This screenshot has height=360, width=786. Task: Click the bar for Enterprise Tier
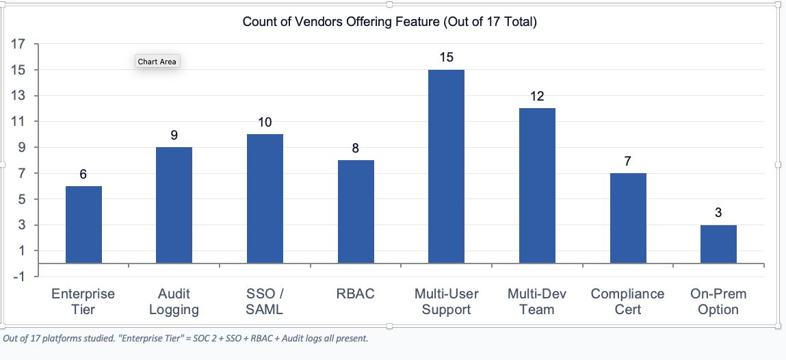[x=83, y=224]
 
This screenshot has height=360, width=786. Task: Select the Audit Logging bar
[x=174, y=205]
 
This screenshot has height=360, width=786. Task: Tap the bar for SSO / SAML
[x=265, y=198]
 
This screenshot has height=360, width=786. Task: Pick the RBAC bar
[x=356, y=211]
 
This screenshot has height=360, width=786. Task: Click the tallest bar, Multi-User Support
[x=446, y=166]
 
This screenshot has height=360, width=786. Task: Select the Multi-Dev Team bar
[x=537, y=185]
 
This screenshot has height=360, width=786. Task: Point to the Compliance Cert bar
[x=628, y=218]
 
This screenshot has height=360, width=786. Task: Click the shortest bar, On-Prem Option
[x=718, y=244]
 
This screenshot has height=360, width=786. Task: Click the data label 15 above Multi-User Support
[x=446, y=57]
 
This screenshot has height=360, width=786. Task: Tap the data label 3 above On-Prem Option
[x=718, y=213]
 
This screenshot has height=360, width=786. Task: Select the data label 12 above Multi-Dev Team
[x=537, y=97]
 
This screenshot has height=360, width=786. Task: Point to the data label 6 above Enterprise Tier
[x=83, y=175]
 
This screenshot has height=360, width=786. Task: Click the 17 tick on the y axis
[x=18, y=44]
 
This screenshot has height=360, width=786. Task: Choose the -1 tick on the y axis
[x=18, y=277]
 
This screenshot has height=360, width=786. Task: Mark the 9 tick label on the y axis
[x=21, y=148]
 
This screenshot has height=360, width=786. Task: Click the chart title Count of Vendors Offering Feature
[x=390, y=22]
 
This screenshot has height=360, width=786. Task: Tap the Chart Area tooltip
[x=157, y=62]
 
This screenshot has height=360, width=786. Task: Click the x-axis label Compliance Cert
[x=627, y=301]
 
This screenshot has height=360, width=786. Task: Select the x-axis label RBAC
[x=356, y=294]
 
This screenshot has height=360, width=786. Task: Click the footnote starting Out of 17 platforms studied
[x=186, y=338]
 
